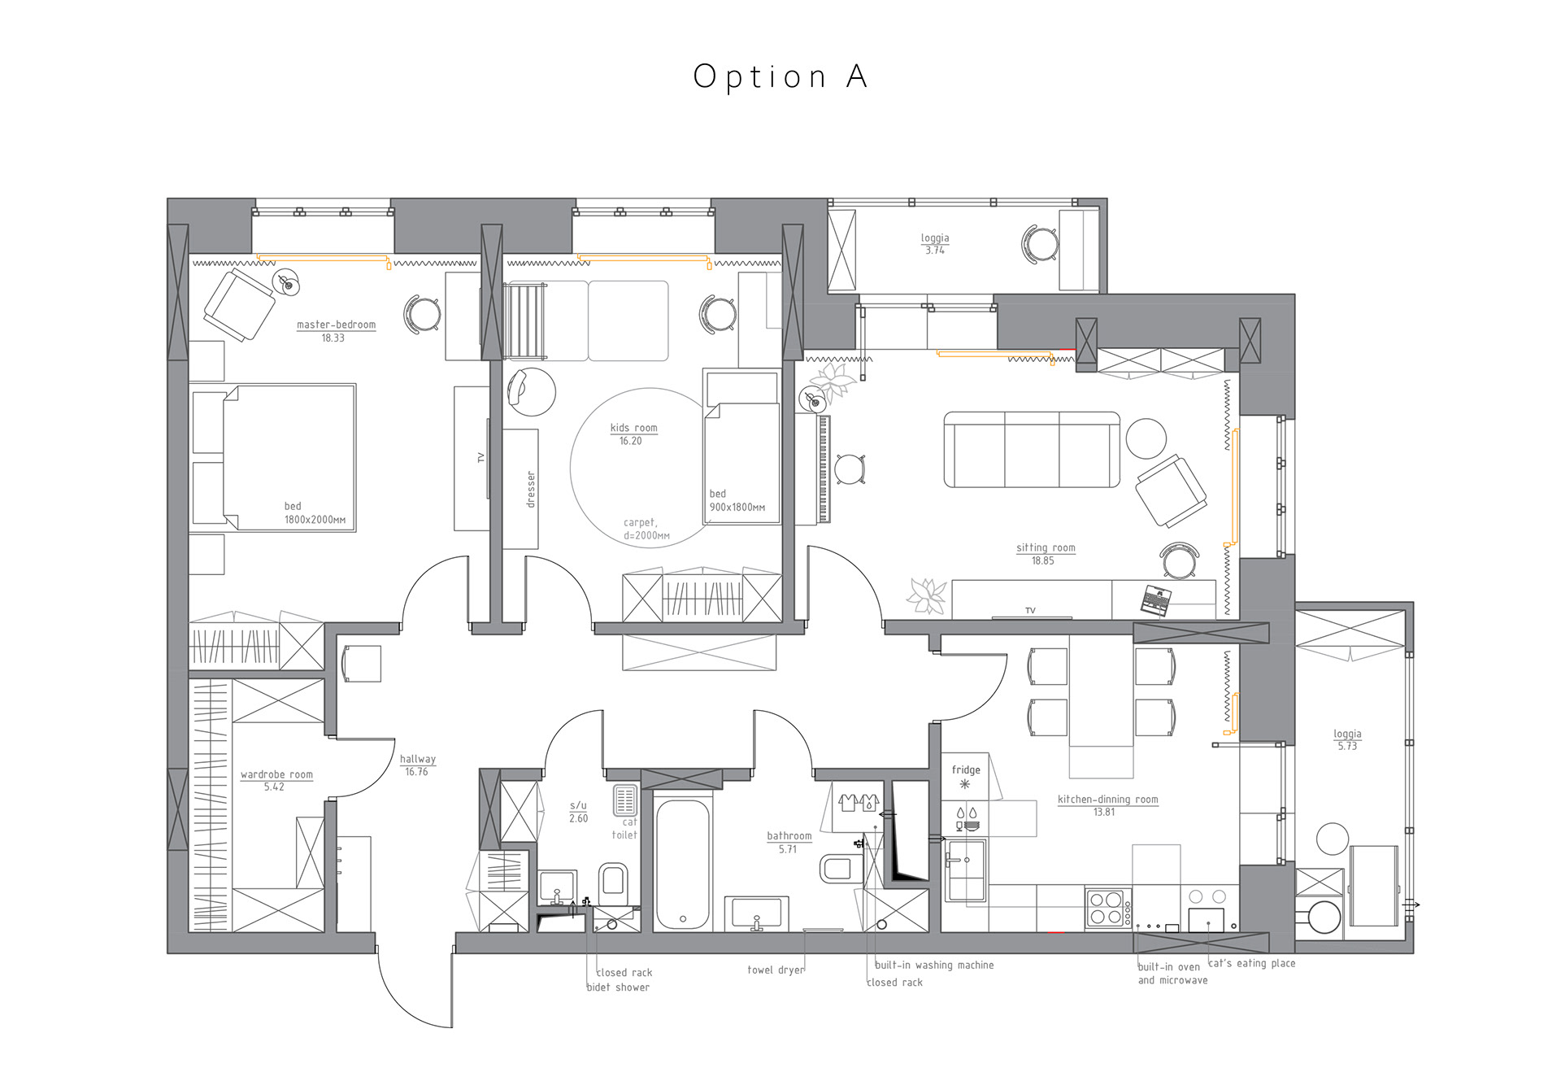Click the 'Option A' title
[780, 76]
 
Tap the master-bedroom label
[336, 325]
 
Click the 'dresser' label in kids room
[531, 489]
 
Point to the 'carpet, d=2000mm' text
[646, 529]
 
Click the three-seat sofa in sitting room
[1031, 450]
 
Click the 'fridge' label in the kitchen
[965, 769]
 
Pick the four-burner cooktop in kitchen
[1106, 908]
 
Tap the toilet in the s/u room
[613, 882]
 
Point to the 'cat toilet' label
[626, 829]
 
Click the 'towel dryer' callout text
[775, 970]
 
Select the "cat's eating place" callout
[1251, 963]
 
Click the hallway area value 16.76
[416, 772]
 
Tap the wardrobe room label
[276, 774]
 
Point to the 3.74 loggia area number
[934, 251]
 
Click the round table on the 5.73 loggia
[1332, 839]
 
